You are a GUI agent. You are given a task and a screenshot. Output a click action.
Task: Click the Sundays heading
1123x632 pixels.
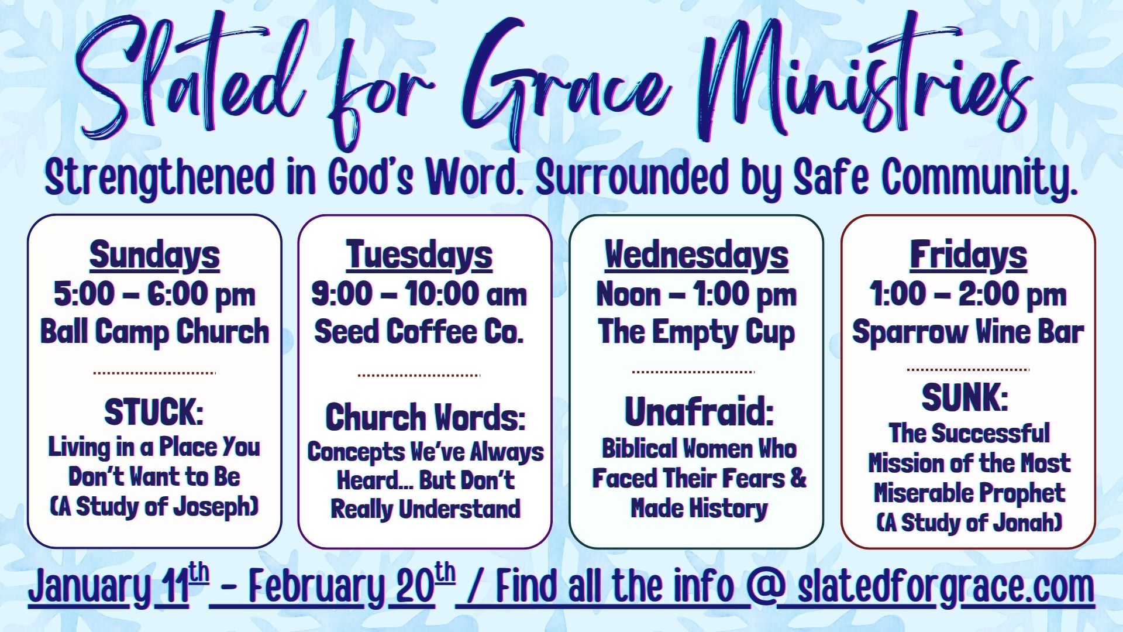click(154, 256)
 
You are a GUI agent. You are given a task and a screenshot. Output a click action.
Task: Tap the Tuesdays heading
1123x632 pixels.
click(419, 256)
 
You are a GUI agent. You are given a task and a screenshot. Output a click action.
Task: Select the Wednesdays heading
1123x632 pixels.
click(697, 256)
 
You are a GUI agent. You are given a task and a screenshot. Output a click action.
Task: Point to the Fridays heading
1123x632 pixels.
click(969, 256)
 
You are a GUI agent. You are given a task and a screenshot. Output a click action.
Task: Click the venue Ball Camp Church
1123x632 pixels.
click(154, 332)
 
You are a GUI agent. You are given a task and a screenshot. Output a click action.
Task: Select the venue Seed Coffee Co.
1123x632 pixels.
click(419, 332)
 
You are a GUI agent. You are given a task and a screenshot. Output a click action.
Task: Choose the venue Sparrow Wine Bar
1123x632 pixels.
click(968, 332)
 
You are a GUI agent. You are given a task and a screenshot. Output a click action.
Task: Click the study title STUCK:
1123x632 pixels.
click(154, 413)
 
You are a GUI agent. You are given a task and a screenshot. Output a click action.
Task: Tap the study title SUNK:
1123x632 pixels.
click(965, 398)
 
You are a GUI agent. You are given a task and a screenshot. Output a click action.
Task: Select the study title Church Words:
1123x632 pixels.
click(425, 417)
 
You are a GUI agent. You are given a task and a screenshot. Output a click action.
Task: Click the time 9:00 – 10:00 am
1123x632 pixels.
click(419, 294)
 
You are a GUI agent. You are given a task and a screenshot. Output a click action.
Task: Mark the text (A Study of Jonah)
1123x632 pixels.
click(969, 523)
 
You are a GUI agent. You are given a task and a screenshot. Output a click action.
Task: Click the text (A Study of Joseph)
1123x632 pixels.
click(154, 506)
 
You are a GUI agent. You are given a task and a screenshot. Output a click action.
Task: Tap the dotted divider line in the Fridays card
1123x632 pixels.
click(968, 370)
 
